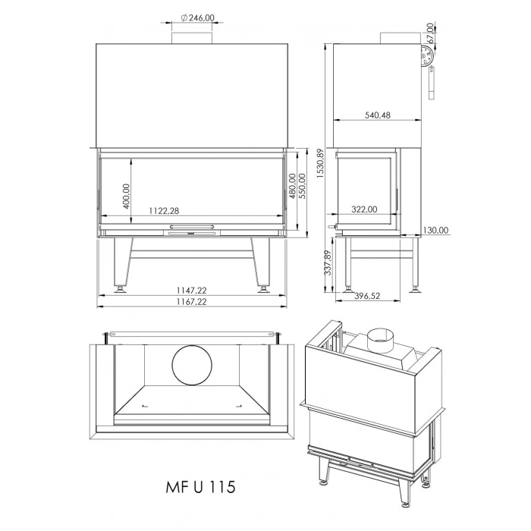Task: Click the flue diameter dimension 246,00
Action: [x=194, y=18]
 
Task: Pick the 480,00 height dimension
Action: [x=293, y=187]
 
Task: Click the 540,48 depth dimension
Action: [x=377, y=115]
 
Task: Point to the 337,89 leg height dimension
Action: [x=327, y=264]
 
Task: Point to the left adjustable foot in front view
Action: [x=118, y=287]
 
